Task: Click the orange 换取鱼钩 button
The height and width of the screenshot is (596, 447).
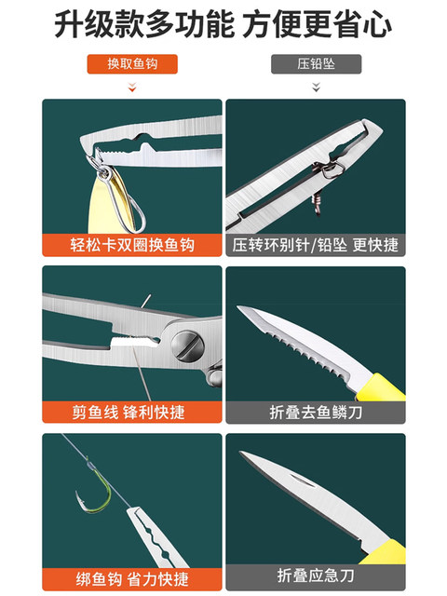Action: (132, 64)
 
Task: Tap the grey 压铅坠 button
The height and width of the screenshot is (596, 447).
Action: (316, 64)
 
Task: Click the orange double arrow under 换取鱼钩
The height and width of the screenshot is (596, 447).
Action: (132, 87)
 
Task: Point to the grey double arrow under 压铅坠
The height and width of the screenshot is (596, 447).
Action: (316, 87)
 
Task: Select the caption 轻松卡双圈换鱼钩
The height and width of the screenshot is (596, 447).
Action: (132, 245)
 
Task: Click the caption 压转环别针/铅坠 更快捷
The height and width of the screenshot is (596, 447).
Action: (316, 245)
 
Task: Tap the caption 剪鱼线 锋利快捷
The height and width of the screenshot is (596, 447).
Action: (129, 412)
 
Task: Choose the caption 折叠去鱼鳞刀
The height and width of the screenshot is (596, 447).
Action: (316, 412)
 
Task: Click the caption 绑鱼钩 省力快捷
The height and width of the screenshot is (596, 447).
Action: (132, 579)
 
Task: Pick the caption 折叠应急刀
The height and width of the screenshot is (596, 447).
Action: (316, 576)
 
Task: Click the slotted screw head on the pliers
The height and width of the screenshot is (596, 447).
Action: (187, 345)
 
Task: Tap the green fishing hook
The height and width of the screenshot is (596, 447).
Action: (94, 488)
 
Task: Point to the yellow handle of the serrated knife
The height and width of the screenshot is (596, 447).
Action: (381, 387)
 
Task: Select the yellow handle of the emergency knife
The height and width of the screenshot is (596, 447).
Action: (384, 552)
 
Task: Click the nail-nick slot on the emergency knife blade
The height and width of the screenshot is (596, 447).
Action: (303, 481)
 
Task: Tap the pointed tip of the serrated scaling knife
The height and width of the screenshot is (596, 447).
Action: (238, 306)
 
